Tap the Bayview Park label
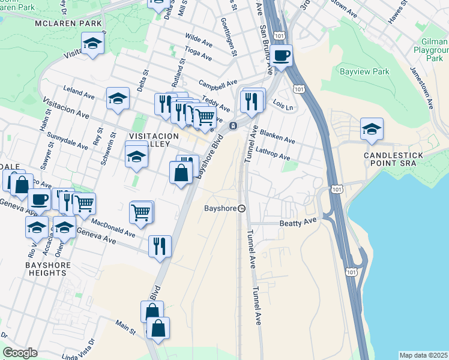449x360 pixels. pyautogui.click(x=364, y=71)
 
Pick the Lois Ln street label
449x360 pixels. pyautogui.click(x=284, y=106)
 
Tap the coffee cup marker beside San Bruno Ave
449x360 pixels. pyautogui.click(x=281, y=56)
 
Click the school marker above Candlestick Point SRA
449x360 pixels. pyautogui.click(x=372, y=129)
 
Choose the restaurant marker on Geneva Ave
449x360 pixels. pyautogui.click(x=160, y=246)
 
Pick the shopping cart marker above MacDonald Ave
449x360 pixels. pyautogui.click(x=140, y=212)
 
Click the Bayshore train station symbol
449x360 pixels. pyautogui.click(x=241, y=208)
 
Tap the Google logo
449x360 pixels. pyautogui.click(x=20, y=352)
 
